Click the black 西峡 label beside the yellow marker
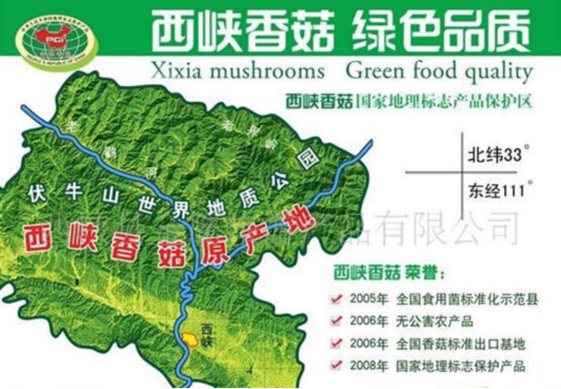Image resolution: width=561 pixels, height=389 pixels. tap(207, 334)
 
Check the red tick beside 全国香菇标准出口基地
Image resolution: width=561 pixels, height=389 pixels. tap(337, 343)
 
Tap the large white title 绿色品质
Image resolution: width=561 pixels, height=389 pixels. tap(441, 30)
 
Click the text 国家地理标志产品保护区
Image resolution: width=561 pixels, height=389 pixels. tap(444, 100)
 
